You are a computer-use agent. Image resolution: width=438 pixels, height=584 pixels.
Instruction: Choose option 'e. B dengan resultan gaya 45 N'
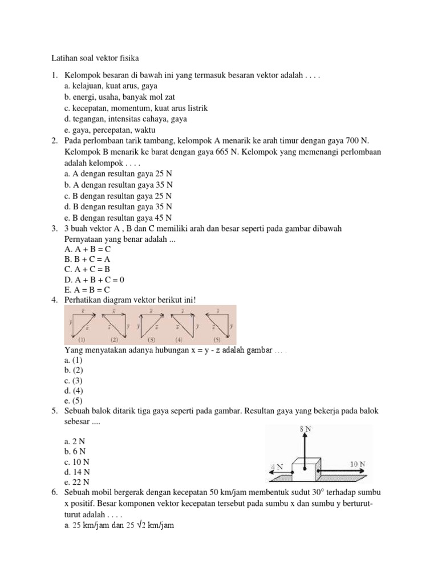point(118,217)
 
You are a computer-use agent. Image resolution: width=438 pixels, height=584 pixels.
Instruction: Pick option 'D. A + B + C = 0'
point(94,279)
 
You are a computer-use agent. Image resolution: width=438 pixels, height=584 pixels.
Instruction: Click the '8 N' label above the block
point(306,428)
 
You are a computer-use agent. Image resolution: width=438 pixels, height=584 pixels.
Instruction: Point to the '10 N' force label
point(358,464)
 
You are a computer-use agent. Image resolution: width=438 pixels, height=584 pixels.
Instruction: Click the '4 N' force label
point(277,467)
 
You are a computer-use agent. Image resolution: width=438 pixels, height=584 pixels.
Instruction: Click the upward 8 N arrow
point(306,448)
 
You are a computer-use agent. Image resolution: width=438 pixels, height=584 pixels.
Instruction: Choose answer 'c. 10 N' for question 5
point(76,462)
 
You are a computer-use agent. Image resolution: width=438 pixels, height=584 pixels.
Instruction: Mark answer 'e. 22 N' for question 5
point(76,482)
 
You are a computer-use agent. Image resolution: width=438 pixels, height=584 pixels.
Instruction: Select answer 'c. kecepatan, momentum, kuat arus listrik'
point(136,108)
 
